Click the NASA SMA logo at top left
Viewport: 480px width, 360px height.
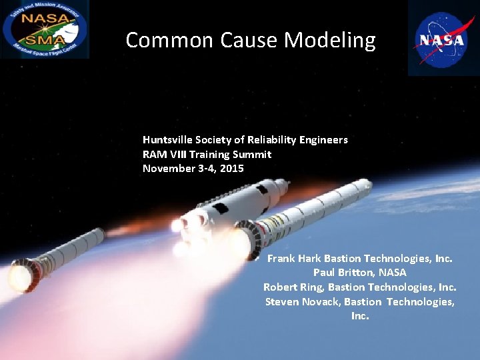44,29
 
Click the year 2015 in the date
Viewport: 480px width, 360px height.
231,169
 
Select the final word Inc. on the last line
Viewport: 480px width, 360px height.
360,316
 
